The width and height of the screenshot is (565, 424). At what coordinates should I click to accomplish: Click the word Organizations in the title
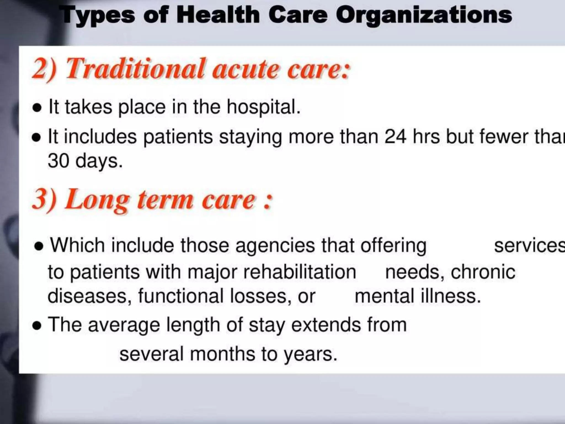(x=424, y=15)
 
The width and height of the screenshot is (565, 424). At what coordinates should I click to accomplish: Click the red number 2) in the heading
(x=44, y=69)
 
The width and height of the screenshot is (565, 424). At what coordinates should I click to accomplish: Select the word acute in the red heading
(x=246, y=69)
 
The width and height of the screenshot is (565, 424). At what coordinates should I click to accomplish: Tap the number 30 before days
(x=58, y=161)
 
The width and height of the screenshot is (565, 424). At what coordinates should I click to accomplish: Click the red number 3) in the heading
(x=44, y=199)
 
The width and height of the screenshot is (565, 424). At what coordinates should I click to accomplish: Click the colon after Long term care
(x=268, y=201)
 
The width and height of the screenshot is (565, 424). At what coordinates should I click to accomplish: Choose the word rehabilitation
(x=299, y=272)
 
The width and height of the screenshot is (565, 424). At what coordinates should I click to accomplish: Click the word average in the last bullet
(x=124, y=325)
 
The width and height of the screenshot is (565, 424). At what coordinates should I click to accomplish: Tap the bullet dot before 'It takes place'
(x=37, y=108)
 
